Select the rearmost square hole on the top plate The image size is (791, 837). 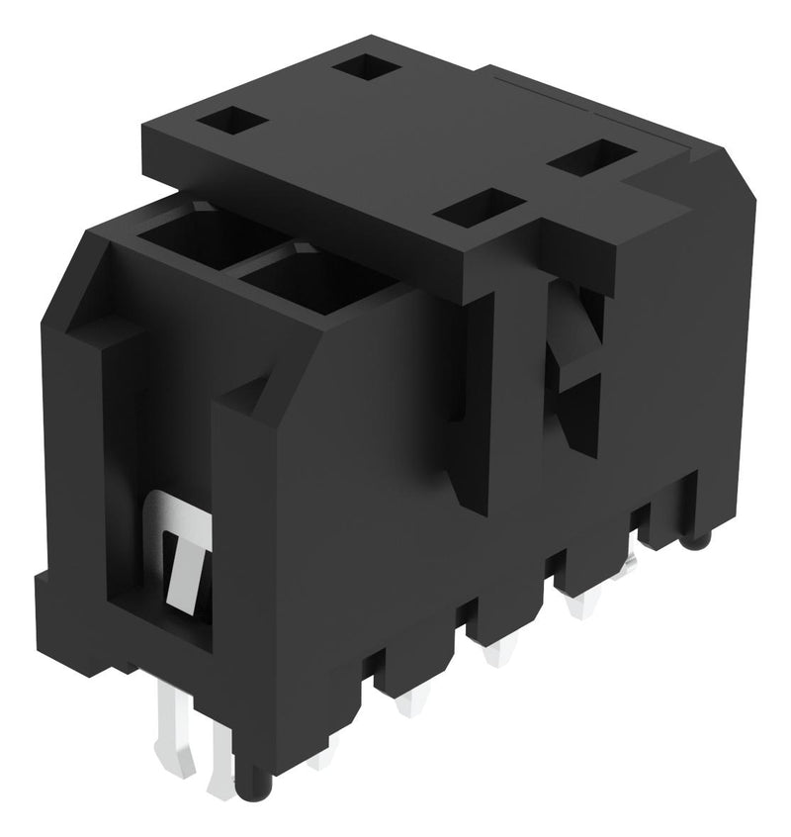coord(366,68)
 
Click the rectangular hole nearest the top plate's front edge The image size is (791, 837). coord(479,209)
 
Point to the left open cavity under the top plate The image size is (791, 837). coord(203,237)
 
